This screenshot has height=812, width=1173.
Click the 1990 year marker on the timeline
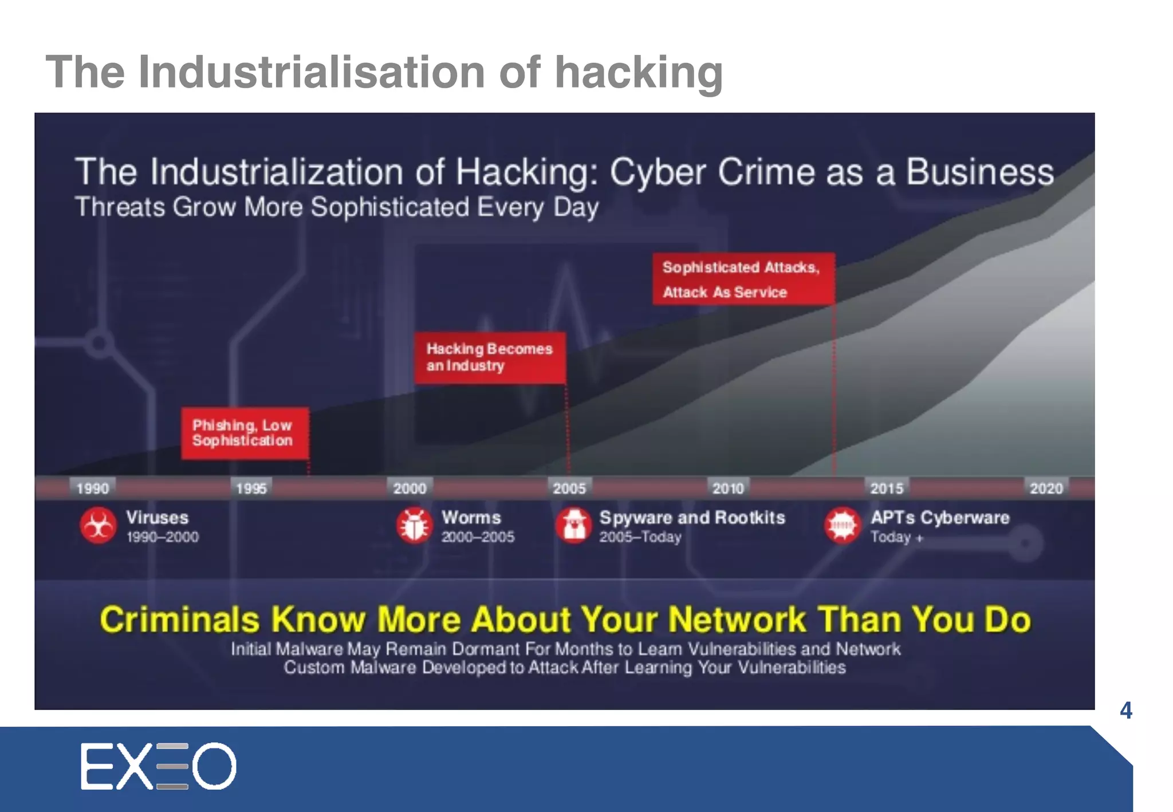(93, 488)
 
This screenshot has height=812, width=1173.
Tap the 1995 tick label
(251, 488)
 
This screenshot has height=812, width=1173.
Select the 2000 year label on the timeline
(410, 488)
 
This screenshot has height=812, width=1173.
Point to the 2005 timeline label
(569, 488)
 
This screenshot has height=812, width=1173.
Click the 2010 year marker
(728, 488)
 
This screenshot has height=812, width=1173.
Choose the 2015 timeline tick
(887, 488)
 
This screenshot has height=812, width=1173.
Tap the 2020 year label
(1046, 488)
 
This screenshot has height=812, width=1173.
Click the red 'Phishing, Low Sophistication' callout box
(245, 433)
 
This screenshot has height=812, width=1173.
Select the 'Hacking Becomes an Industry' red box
(490, 357)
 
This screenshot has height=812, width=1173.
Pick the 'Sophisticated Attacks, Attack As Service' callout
(743, 279)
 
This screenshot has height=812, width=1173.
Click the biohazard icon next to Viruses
(99, 525)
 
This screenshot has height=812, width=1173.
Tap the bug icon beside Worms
(414, 525)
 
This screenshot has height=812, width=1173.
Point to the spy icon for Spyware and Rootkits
(573, 525)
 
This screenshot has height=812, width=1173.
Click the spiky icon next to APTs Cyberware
(843, 525)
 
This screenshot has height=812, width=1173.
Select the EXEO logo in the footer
(158, 766)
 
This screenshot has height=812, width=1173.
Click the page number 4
(1125, 711)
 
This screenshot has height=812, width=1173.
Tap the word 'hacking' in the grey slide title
(639, 73)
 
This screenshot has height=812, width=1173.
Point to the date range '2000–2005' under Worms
(478, 537)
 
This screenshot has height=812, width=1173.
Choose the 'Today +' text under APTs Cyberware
(896, 537)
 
